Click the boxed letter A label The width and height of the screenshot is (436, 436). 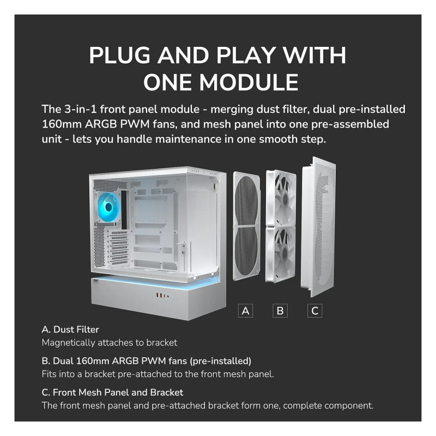tap(246, 311)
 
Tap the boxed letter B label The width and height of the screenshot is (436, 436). tap(280, 311)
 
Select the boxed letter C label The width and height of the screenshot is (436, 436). tap(315, 311)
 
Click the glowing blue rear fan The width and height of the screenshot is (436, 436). tap(108, 207)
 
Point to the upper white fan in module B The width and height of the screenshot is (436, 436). tap(281, 198)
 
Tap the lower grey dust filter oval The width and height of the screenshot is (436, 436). tap(246, 252)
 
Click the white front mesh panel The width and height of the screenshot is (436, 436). tap(319, 227)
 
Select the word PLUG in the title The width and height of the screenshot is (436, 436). tap(119, 55)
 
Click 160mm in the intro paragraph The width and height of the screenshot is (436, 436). tap(62, 124)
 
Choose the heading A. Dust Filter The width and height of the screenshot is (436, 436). tap(70, 330)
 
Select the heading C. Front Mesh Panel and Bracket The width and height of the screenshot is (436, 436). tap(112, 392)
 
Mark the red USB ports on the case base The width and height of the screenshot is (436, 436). tap(161, 295)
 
